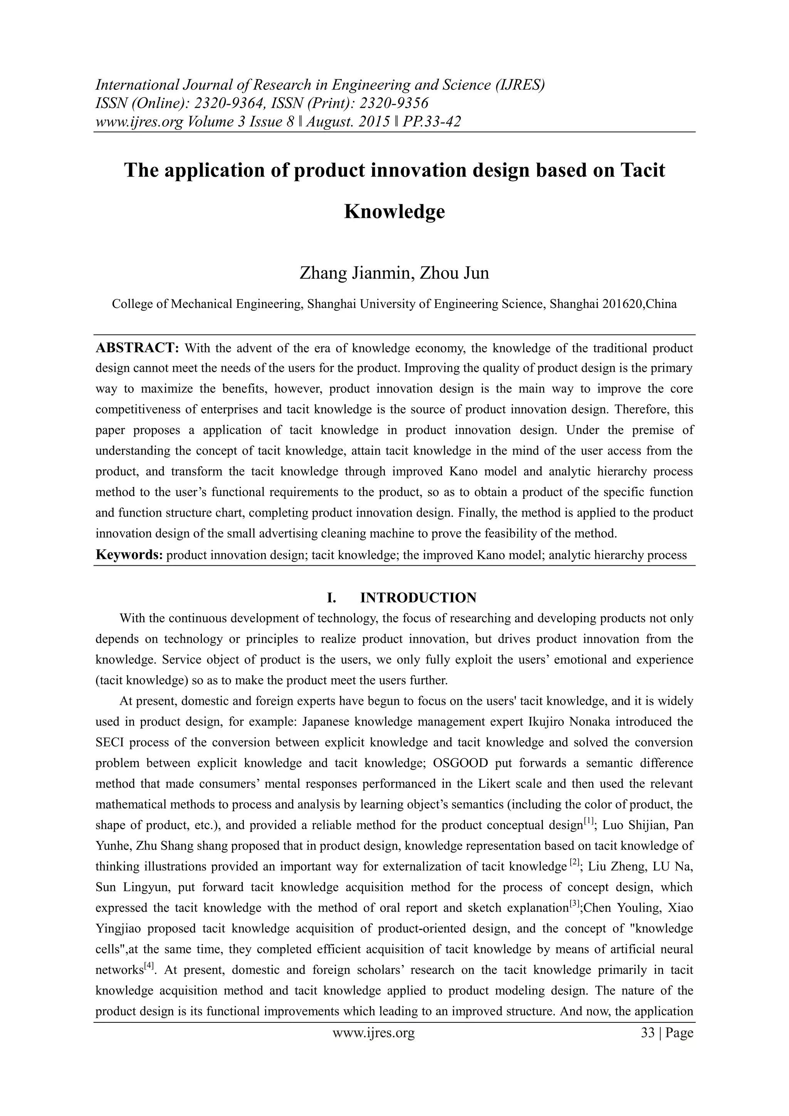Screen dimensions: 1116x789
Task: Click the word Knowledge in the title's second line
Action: [394, 212]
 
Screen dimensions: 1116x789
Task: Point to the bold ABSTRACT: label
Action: [138, 348]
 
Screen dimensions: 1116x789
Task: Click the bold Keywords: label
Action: [129, 555]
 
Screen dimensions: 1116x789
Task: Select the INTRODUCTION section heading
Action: [418, 597]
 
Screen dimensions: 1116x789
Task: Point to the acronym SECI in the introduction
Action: [110, 742]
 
